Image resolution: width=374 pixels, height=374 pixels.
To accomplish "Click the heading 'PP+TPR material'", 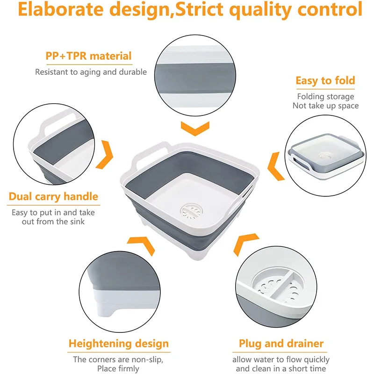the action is pos(88,56).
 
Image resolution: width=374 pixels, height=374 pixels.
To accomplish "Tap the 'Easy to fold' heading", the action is pos(325,80).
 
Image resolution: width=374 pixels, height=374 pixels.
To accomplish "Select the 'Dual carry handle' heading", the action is pos(53,196).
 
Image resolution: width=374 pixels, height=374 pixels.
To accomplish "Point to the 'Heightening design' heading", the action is pos(119,344).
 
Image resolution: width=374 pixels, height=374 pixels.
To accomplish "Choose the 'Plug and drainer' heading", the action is pos(281,344).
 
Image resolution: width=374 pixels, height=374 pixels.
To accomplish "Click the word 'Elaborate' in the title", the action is pos(61,9).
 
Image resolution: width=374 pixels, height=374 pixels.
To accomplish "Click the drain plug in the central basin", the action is pos(192,212).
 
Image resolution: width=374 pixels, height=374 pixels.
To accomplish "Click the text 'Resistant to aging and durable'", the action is pos(91,72).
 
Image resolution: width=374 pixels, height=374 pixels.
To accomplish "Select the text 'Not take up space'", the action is pos(325,106).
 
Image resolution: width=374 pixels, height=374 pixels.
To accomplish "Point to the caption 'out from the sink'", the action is pos(53,222).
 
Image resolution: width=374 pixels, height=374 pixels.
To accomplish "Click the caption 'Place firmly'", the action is pos(118,368).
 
